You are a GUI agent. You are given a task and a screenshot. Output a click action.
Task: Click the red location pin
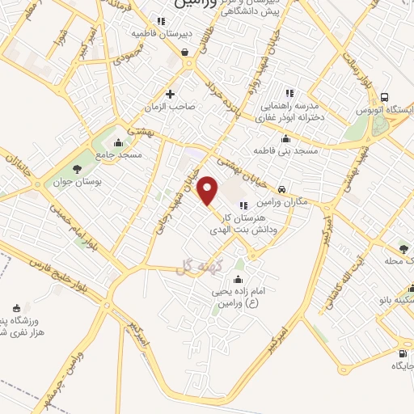(x=209, y=190)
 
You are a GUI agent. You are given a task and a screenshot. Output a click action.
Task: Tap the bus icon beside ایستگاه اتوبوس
(x=386, y=95)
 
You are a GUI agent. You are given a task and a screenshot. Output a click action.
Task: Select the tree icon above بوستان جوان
(x=77, y=169)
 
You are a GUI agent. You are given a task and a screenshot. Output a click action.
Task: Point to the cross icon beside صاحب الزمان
(x=170, y=93)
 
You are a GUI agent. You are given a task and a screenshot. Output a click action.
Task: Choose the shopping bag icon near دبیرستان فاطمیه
(x=186, y=53)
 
